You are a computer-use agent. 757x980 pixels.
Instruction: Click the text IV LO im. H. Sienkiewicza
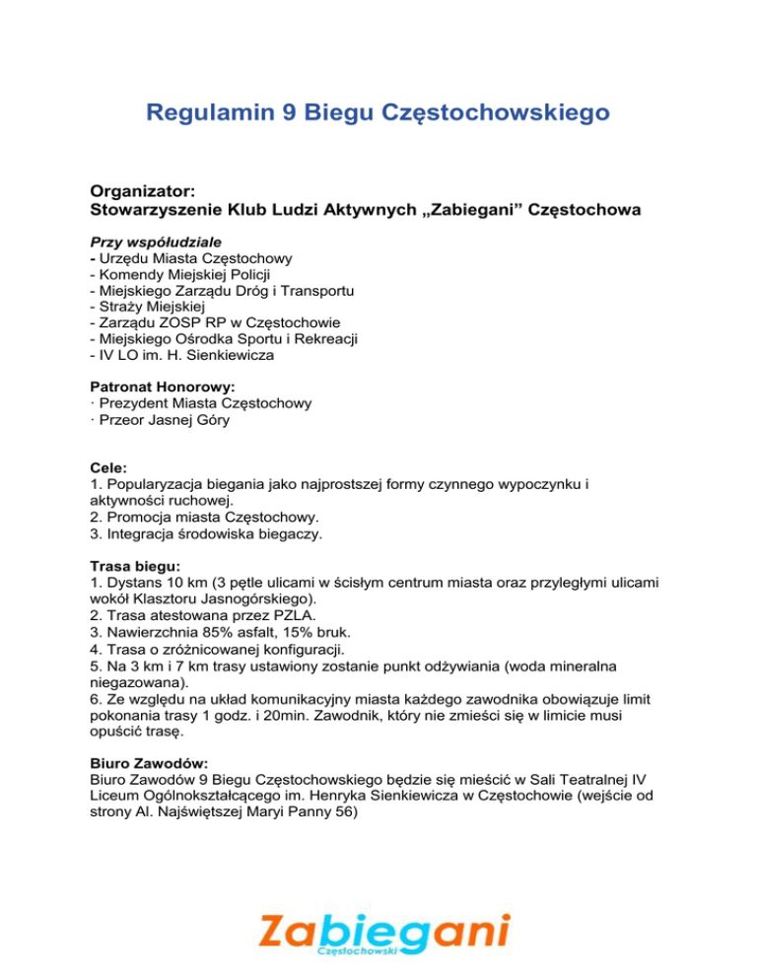click(181, 354)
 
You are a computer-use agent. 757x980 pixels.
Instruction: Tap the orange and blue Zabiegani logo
click(384, 934)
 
